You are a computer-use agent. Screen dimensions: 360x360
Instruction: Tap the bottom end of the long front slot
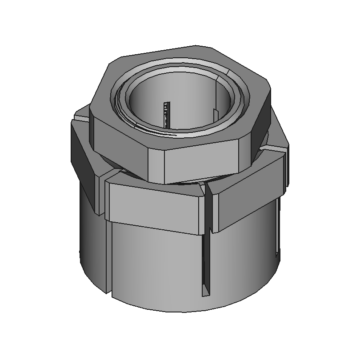[x=205, y=293]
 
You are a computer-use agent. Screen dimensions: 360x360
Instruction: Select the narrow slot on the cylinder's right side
[x=278, y=227]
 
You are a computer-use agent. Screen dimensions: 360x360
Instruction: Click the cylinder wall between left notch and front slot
[x=156, y=262]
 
